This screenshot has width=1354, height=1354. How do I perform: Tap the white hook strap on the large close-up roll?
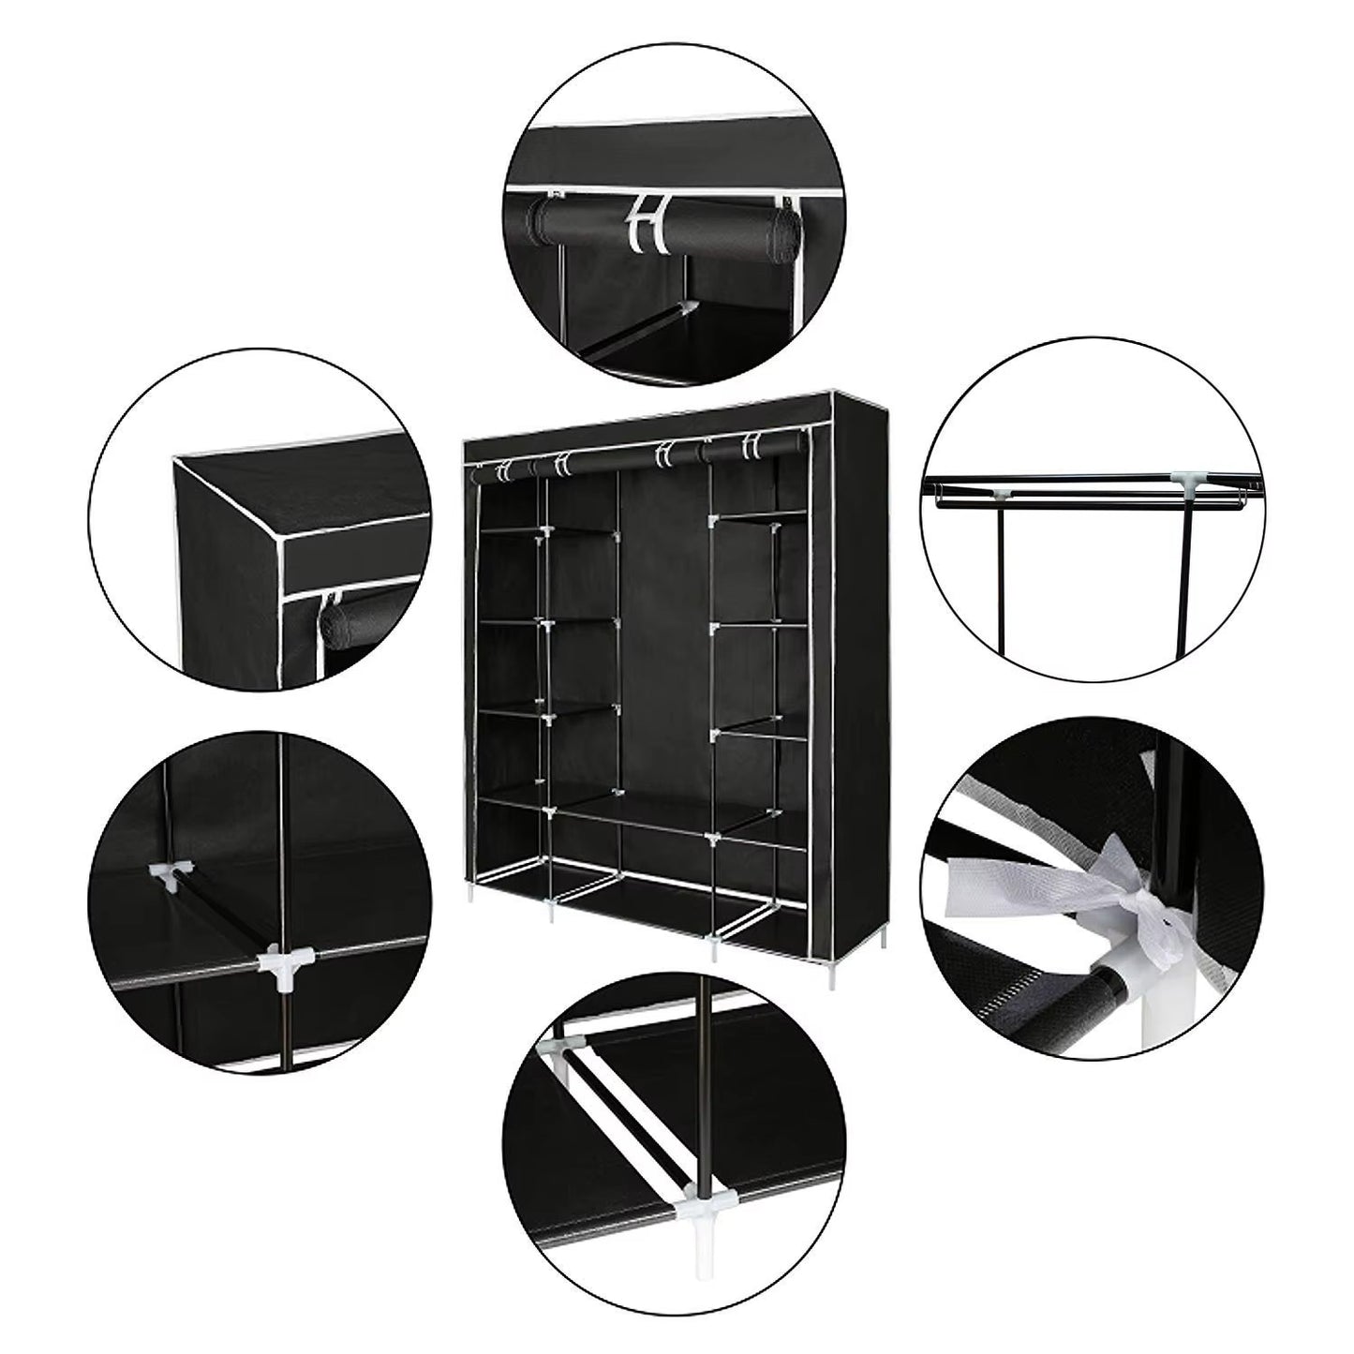[x=645, y=223]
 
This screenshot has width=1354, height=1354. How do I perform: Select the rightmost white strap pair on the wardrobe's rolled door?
[x=750, y=446]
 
